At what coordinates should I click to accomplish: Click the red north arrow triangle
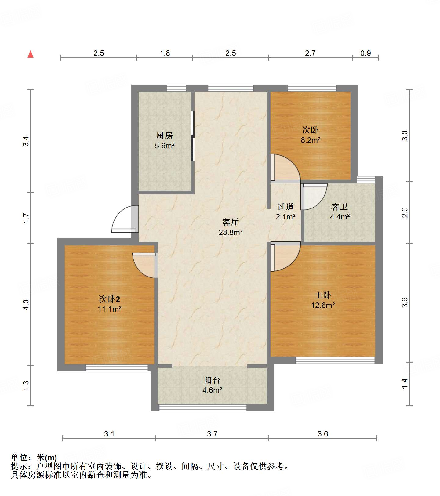tap(31, 54)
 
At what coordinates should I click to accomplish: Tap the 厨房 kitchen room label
tap(165, 135)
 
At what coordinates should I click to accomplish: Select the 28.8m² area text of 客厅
tap(231, 232)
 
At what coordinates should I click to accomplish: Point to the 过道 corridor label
tap(285, 207)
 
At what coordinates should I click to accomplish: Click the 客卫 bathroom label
tap(340, 207)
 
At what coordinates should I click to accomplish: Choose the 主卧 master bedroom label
tap(323, 295)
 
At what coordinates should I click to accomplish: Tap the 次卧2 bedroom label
tap(110, 299)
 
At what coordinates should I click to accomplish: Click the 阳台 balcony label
tap(212, 380)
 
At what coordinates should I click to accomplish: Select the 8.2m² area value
tap(311, 140)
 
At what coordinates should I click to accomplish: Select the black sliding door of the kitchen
tap(192, 136)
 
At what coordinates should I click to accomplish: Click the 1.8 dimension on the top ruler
tap(165, 53)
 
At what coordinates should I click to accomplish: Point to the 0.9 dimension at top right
tap(365, 53)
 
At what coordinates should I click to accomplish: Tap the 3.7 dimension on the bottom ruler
tap(212, 434)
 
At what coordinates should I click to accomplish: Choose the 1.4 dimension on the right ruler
tap(405, 384)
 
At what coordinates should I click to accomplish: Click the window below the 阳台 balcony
tap(202, 408)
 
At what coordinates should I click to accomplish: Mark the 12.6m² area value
tap(323, 305)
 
